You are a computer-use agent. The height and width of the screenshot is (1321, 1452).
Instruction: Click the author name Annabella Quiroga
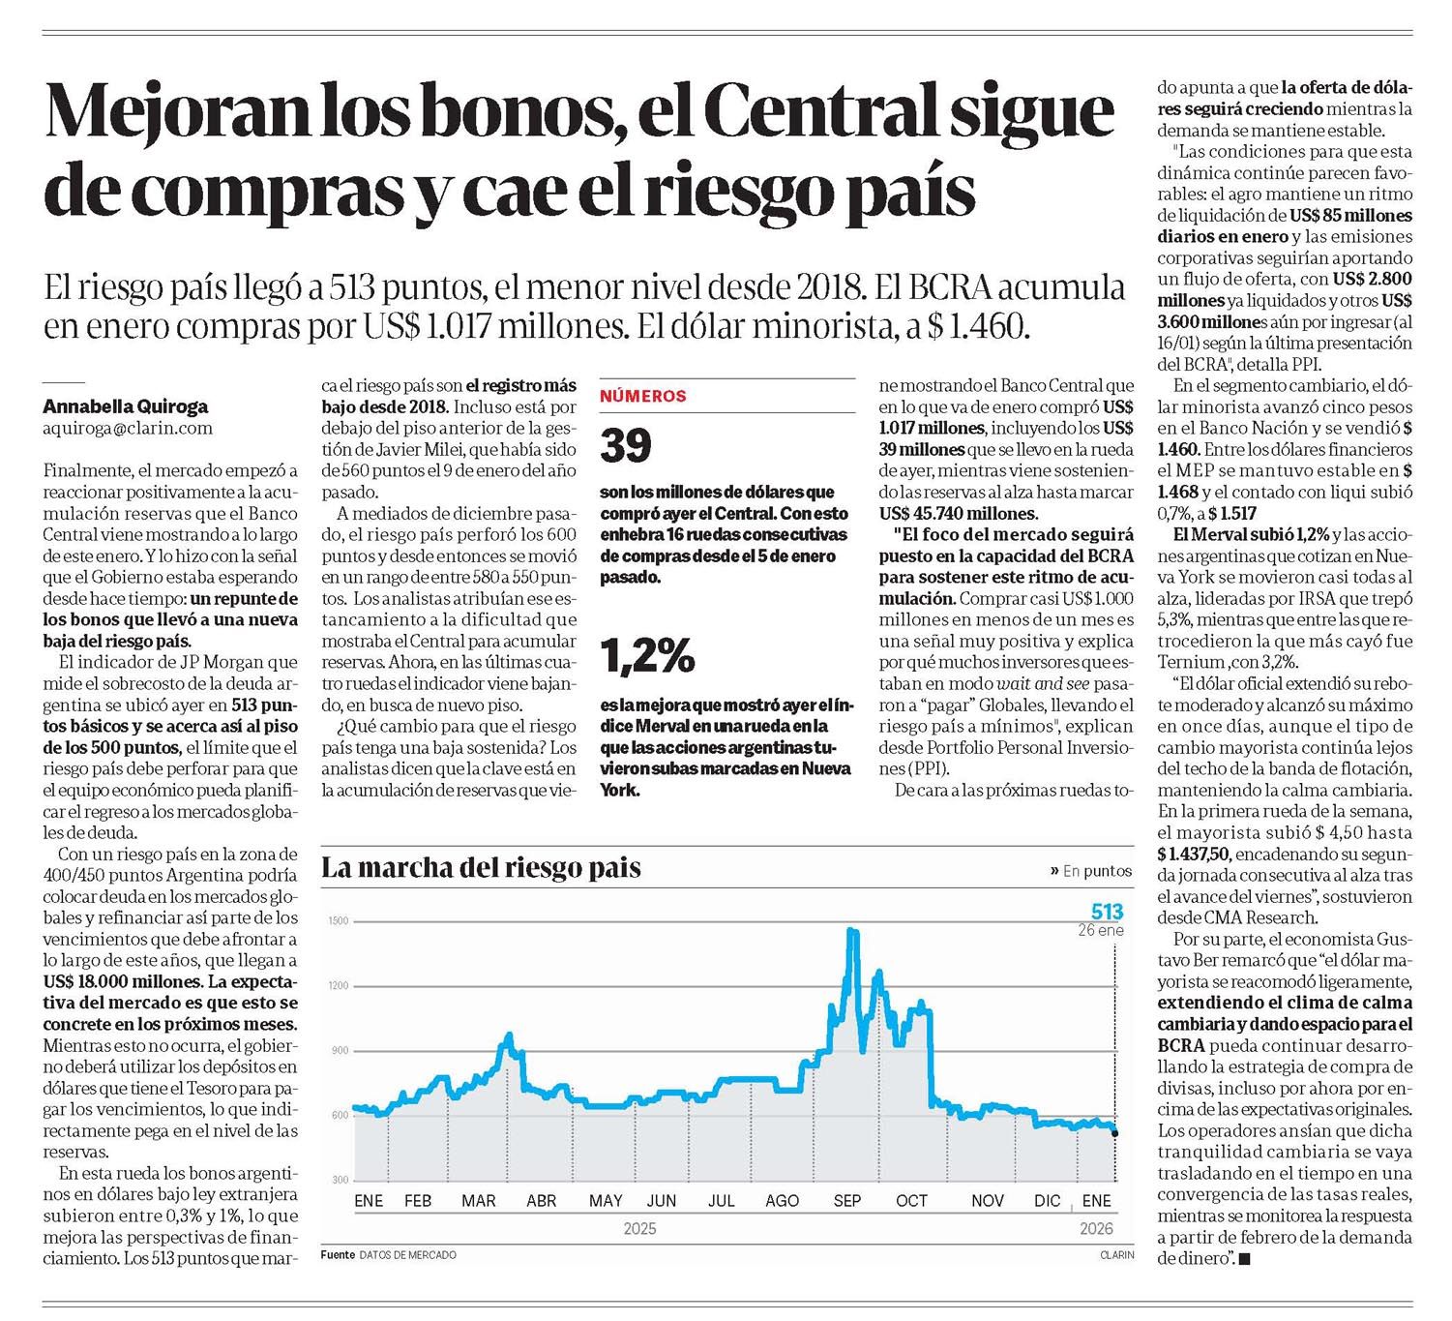point(125,406)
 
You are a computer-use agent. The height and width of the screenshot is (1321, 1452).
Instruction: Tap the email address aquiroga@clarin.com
point(128,428)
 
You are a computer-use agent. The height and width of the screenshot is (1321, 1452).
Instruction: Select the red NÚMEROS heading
point(642,396)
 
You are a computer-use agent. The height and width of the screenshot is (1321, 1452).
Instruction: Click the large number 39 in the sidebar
point(626,445)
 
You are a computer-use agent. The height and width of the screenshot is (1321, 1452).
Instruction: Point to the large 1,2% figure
point(647,656)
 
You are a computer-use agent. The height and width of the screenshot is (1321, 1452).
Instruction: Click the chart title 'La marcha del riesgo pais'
point(481,868)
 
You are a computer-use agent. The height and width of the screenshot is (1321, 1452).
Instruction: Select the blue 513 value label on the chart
point(1107,912)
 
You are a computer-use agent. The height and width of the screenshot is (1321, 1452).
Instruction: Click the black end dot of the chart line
point(1115,1133)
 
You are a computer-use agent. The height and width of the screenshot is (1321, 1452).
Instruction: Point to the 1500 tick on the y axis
point(338,921)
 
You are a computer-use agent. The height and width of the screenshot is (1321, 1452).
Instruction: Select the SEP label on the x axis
point(846,1201)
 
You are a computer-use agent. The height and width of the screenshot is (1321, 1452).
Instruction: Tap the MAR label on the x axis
point(478,1201)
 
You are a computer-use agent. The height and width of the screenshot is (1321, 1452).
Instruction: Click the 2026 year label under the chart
point(1096,1228)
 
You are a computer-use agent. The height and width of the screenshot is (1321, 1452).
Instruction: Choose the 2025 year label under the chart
point(639,1228)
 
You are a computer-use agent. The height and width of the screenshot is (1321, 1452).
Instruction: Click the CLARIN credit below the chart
point(1116,1255)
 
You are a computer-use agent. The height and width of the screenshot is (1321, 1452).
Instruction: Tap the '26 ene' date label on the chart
point(1101,930)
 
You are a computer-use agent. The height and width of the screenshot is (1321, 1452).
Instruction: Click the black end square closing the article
point(1244,1259)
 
